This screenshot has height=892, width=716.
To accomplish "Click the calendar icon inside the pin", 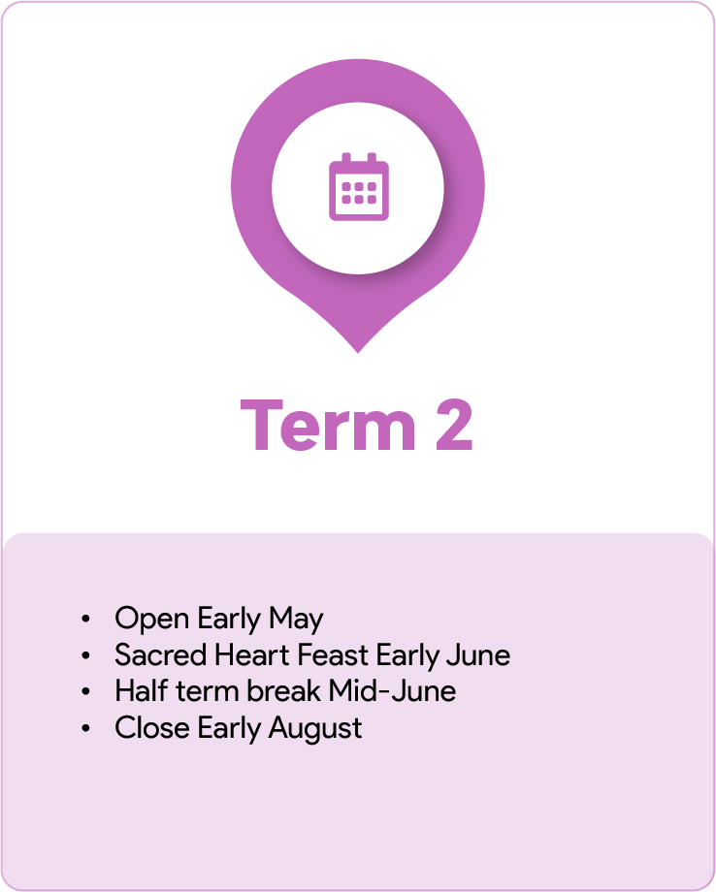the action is (359, 186).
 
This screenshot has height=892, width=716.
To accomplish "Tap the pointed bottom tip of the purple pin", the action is (358, 353).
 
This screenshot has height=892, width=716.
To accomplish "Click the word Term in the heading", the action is (328, 426).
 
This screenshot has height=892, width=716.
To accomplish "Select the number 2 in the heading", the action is (454, 426).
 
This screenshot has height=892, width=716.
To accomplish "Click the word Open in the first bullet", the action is (152, 620).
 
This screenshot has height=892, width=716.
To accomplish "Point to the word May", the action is (296, 620).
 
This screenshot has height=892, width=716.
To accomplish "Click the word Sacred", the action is (160, 654).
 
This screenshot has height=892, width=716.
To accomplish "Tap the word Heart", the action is (252, 654).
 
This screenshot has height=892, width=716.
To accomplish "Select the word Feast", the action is (333, 654).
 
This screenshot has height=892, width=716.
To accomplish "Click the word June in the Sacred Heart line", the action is (478, 655).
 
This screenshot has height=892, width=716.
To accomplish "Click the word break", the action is (283, 691).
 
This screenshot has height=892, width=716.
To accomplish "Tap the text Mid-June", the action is (392, 691).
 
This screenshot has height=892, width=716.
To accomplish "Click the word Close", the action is (152, 727).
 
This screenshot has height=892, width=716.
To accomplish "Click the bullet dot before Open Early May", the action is (86, 619).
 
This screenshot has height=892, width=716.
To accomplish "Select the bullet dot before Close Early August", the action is (86, 728).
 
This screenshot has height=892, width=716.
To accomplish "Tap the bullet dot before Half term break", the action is (86, 691).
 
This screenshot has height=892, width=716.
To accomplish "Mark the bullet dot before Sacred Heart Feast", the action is (86, 655).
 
